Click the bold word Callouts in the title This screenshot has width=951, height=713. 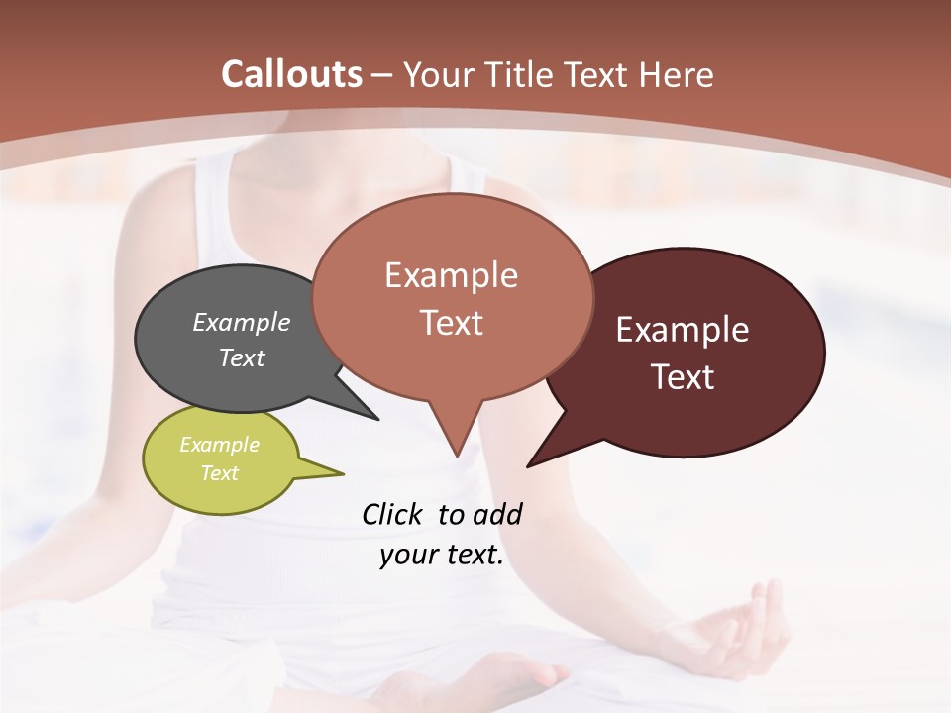(x=292, y=74)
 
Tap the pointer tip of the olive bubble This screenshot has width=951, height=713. (x=343, y=474)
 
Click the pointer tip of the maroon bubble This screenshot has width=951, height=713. (x=528, y=465)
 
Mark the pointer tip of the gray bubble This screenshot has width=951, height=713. (x=377, y=419)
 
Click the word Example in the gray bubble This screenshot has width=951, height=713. (x=242, y=322)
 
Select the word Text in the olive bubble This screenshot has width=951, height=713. (x=220, y=473)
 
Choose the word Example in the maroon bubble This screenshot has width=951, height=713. (x=682, y=330)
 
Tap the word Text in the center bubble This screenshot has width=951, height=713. (x=452, y=323)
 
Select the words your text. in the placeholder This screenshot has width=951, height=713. (x=442, y=556)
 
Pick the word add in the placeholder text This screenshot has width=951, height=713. (x=496, y=514)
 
